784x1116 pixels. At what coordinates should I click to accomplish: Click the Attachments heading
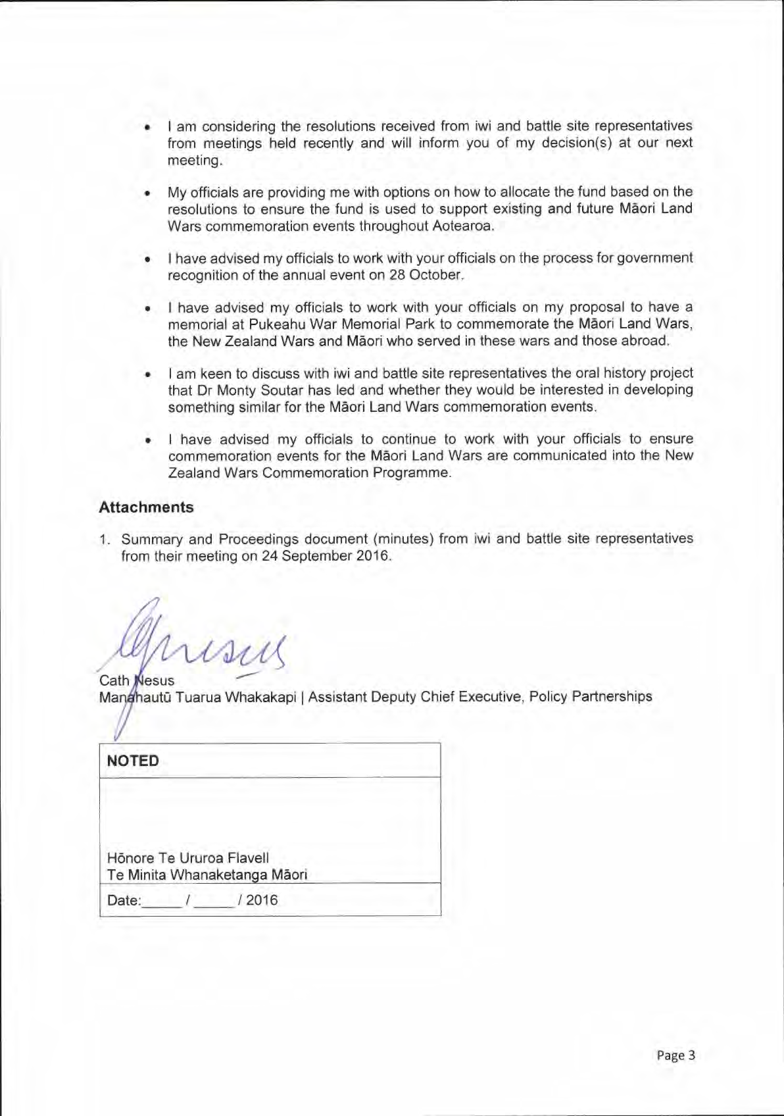146,507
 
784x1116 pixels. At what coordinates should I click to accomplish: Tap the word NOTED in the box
133,761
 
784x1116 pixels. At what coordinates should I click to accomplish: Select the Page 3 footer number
675,1055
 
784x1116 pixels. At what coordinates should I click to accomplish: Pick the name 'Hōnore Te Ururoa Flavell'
188,858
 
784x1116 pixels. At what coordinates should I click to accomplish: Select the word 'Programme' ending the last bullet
411,472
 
